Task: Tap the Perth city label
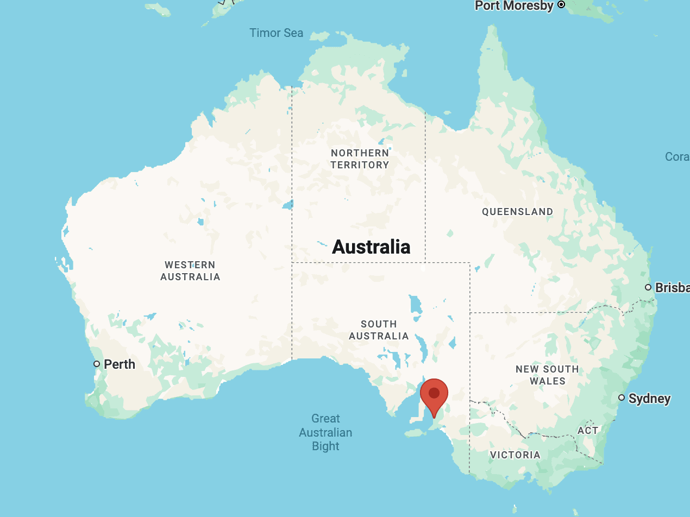(x=120, y=364)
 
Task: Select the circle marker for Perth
(x=97, y=364)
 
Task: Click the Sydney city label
(x=649, y=399)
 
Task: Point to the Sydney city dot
(x=622, y=398)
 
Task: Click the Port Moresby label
(x=514, y=6)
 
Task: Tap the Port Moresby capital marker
(x=561, y=5)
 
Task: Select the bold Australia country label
(x=371, y=247)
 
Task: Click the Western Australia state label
(x=190, y=270)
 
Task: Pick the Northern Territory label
(x=360, y=159)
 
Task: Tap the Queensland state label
(x=518, y=212)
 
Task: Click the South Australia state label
(x=379, y=330)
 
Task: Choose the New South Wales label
(x=547, y=375)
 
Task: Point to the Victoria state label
(x=515, y=455)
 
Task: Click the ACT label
(x=588, y=430)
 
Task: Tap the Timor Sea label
(x=276, y=33)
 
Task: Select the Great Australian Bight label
(x=325, y=432)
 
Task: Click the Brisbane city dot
(x=648, y=287)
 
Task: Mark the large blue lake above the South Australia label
(x=416, y=305)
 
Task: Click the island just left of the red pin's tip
(x=416, y=433)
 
